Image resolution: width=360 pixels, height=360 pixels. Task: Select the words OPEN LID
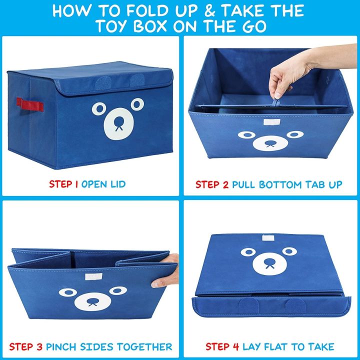103,184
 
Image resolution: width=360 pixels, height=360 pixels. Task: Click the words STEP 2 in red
212,184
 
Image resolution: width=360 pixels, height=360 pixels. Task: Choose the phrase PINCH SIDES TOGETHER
109,346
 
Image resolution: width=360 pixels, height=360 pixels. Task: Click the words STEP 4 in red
222,346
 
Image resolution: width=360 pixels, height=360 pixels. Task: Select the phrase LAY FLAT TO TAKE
288,346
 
